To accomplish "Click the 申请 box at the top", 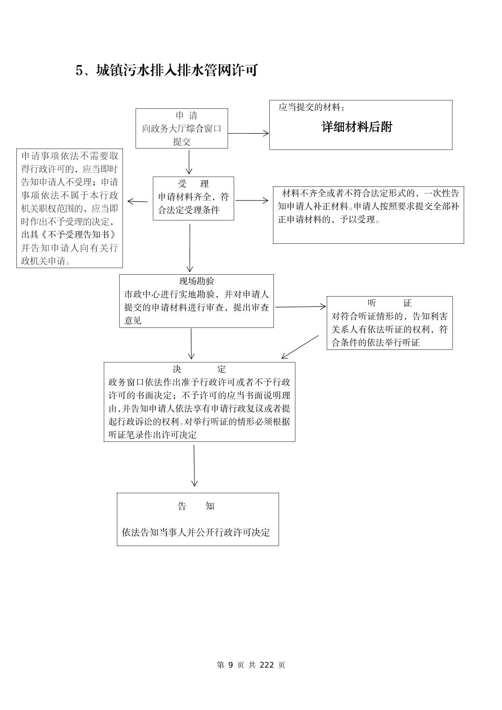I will point(181,128).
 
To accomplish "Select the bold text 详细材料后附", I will point(357,127).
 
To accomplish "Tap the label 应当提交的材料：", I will point(312,107).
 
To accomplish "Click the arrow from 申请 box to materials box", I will point(248,133).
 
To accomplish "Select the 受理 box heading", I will point(193,184).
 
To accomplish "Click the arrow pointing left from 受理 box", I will point(137,202).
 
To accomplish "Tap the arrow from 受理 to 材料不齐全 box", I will point(252,201).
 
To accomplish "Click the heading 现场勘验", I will point(197,281).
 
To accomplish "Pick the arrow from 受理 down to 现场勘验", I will point(190,248).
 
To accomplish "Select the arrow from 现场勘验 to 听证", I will point(300,307).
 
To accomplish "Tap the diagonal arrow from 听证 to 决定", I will point(300,347).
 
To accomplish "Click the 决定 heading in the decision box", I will point(199,369).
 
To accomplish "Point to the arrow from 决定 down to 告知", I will point(194,466).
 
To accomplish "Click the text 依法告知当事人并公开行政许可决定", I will point(196,532).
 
